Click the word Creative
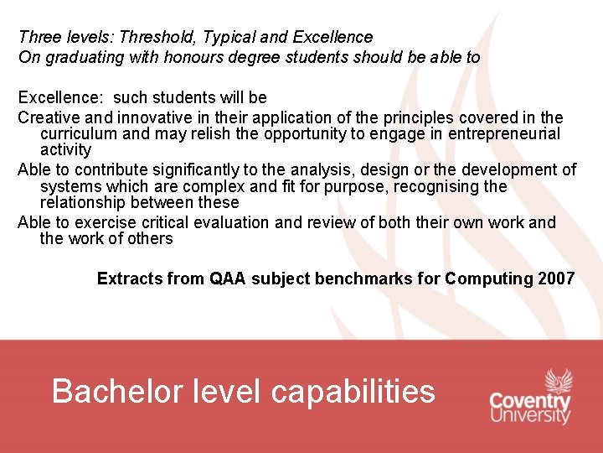click(47, 117)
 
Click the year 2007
click(556, 279)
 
